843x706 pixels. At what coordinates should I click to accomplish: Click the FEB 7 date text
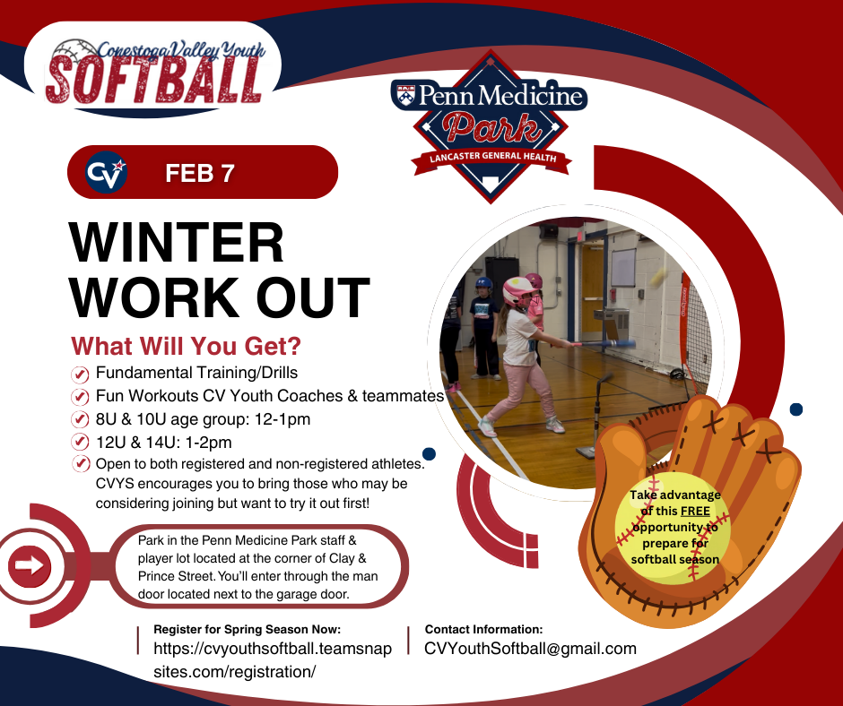pos(199,173)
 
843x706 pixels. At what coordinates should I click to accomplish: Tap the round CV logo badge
pos(106,172)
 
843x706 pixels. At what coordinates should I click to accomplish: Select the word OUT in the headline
pos(313,297)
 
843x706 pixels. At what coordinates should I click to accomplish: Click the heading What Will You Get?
pos(186,347)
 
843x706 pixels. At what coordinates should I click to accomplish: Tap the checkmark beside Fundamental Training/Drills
pos(80,374)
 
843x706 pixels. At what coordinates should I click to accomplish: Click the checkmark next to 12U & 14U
pos(80,443)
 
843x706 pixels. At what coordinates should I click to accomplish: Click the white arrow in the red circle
pos(30,565)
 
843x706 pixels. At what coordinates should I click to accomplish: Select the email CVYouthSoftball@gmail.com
pos(530,649)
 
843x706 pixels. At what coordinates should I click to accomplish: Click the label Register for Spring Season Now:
pos(248,629)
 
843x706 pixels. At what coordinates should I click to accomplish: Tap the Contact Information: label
pos(484,629)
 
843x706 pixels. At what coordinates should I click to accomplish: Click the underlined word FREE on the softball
pos(695,511)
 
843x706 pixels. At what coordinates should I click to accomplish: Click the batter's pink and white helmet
pos(519,291)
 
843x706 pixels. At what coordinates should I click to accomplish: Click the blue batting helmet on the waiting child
pos(483,284)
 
